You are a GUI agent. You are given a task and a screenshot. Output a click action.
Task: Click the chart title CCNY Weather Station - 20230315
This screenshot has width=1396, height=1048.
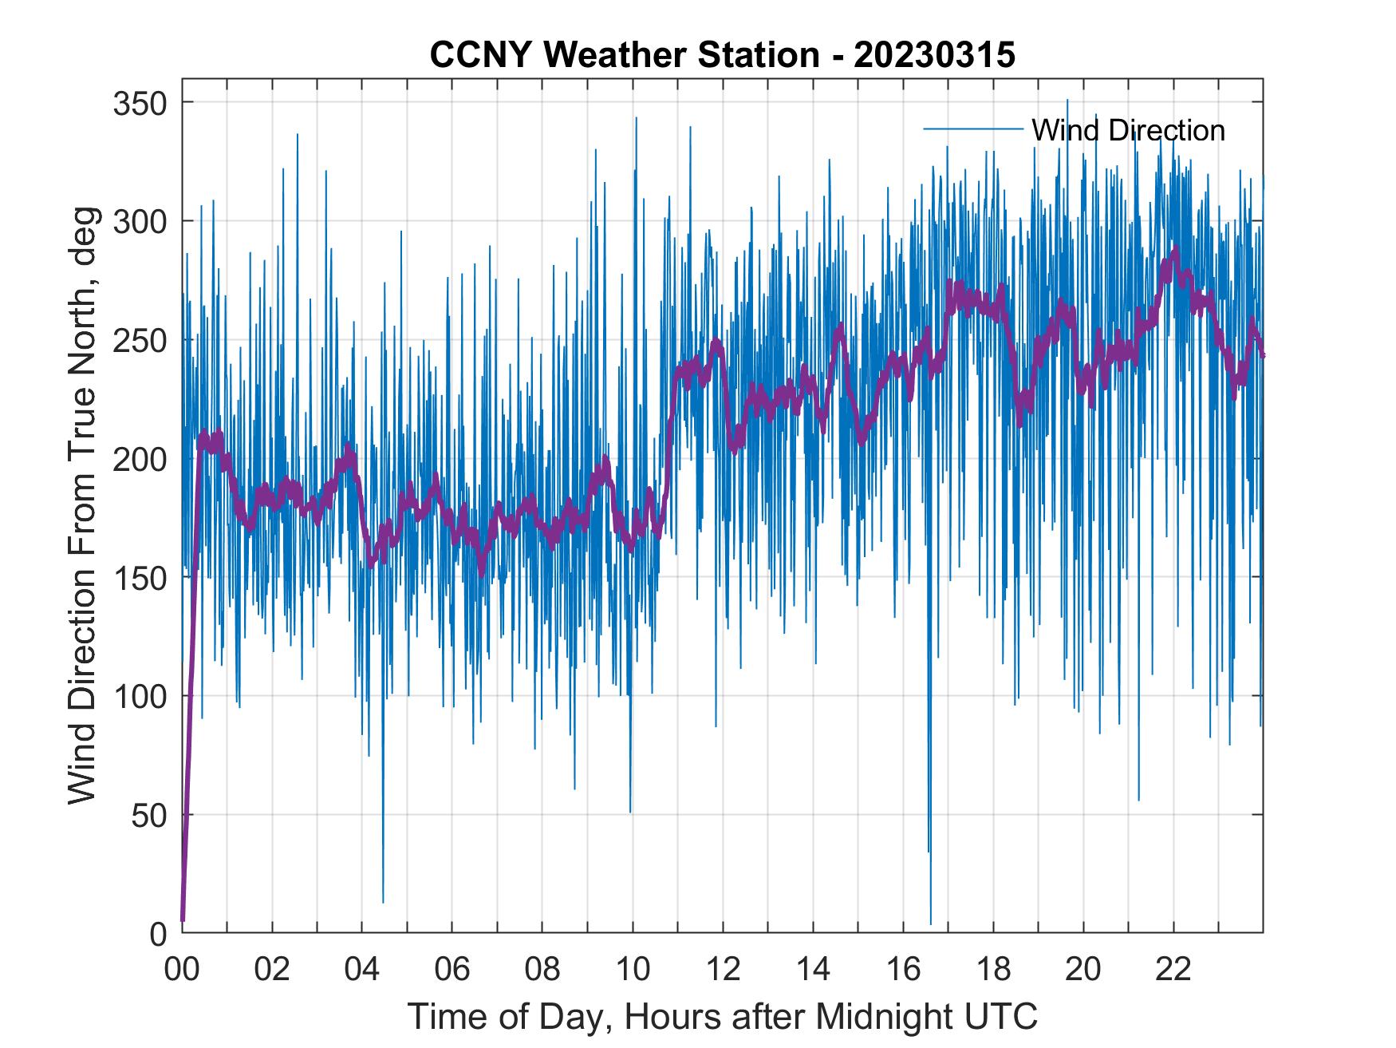coord(722,55)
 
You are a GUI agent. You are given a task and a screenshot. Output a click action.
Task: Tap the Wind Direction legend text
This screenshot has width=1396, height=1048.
coord(1128,130)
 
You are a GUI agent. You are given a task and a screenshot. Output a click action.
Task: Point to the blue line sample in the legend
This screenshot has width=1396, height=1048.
coord(972,129)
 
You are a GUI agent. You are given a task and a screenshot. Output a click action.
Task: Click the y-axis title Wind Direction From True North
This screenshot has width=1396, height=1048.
coord(82,504)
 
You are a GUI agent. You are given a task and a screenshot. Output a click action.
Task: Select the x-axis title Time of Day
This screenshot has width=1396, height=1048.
coord(722,1016)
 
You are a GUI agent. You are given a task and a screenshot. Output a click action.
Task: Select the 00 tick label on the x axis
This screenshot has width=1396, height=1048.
coord(182,970)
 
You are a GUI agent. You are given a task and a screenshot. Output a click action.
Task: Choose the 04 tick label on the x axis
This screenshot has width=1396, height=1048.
coord(362,970)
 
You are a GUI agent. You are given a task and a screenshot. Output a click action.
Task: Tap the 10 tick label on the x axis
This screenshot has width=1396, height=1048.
coord(633,970)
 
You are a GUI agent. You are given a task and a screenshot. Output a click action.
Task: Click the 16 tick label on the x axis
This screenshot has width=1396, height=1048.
coord(903,970)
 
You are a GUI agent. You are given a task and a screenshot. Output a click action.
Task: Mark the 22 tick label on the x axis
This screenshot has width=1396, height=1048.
coord(1173,970)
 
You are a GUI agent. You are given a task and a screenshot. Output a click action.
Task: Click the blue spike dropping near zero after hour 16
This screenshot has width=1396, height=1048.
coord(930,923)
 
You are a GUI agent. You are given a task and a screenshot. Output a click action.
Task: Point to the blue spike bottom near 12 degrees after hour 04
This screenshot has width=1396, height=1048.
coord(383,902)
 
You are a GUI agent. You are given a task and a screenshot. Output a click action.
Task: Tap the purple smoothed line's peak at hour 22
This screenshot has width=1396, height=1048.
coord(1174,251)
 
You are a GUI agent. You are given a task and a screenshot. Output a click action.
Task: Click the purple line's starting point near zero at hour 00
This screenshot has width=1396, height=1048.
coord(183,920)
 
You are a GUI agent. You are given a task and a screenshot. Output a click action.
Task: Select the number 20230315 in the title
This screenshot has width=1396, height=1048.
coord(934,55)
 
